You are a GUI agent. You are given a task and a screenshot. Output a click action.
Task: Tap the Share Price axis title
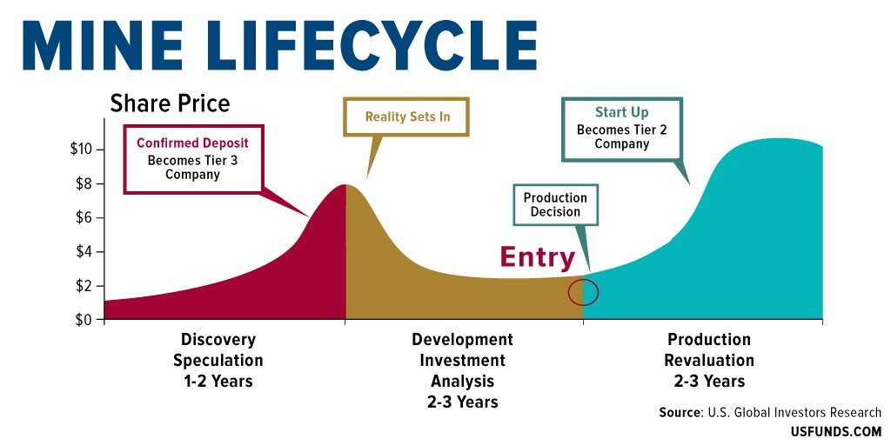click(x=170, y=104)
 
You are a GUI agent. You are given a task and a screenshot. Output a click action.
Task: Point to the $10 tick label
click(x=84, y=149)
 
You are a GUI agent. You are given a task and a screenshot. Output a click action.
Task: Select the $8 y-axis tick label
click(x=87, y=184)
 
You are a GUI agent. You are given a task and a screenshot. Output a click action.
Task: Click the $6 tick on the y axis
click(x=87, y=218)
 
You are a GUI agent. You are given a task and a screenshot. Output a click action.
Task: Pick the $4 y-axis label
click(x=87, y=252)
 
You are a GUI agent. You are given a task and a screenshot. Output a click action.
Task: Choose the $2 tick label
click(x=87, y=286)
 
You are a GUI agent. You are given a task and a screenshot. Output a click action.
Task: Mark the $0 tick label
click(x=87, y=320)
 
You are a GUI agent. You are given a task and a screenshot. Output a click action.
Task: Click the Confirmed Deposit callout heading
click(x=192, y=143)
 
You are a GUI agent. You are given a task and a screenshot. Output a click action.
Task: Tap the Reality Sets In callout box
click(x=407, y=117)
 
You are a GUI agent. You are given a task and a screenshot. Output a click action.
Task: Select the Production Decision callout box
click(x=555, y=205)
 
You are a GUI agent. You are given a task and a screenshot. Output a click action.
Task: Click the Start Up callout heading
click(x=621, y=112)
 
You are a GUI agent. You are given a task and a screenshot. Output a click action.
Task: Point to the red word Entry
click(x=538, y=257)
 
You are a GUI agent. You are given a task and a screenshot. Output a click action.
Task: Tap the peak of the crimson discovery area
click(x=345, y=185)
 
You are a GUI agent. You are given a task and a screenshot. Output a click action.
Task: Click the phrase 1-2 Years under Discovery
click(x=218, y=381)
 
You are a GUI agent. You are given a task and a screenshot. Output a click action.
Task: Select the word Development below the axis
click(x=463, y=340)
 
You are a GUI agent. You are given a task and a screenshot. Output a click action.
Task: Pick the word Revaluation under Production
click(x=709, y=361)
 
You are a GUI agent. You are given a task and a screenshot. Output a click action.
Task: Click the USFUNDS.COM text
click(x=836, y=432)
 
